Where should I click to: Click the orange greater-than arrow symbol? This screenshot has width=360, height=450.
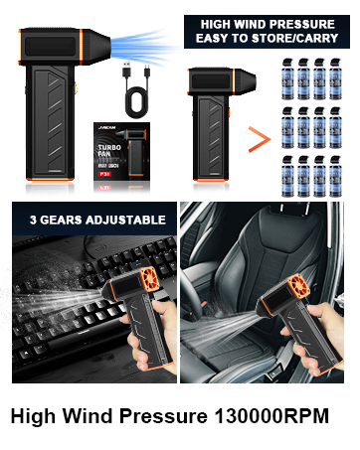pyautogui.click(x=258, y=137)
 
